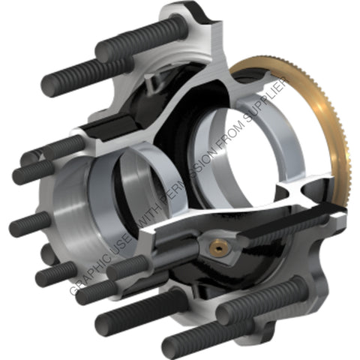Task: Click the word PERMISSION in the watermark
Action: pyautogui.click(x=193, y=169)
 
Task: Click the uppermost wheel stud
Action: pyautogui.click(x=141, y=37)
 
